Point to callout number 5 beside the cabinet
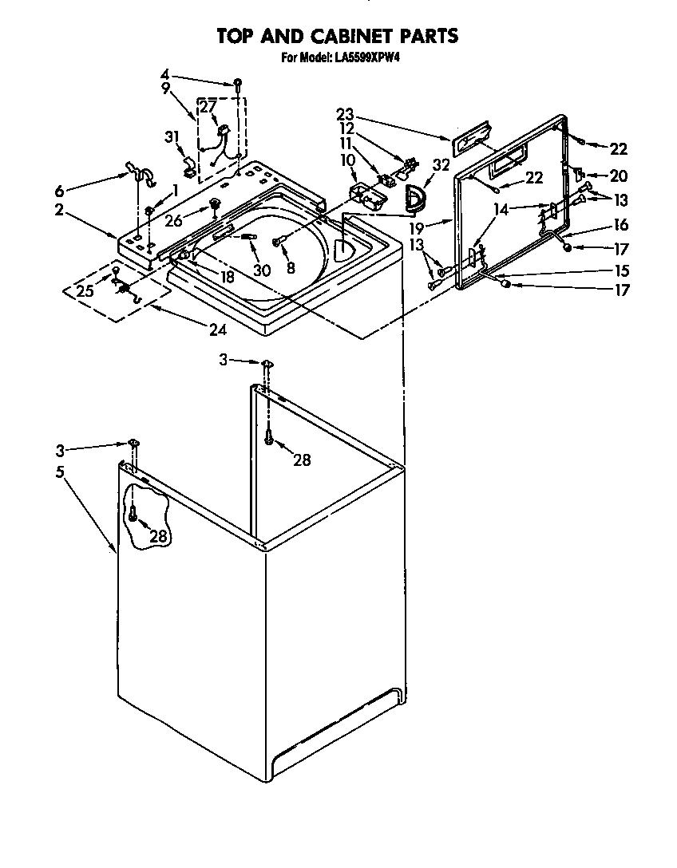[x=60, y=471]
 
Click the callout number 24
[x=216, y=329]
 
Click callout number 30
[x=262, y=270]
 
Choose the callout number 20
[x=618, y=176]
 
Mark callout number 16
[x=620, y=225]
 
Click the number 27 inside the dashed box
[x=208, y=107]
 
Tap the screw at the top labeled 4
[x=237, y=82]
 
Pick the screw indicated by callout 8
[x=276, y=241]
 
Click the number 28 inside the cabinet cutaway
[x=159, y=536]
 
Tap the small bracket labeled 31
[x=190, y=166]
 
